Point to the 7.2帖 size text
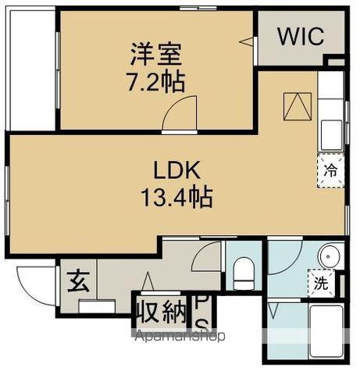point(155,81)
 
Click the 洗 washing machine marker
point(319,283)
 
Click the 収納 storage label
point(163,312)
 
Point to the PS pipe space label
point(201,312)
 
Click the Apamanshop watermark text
point(181,337)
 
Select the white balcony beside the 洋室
point(30,70)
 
